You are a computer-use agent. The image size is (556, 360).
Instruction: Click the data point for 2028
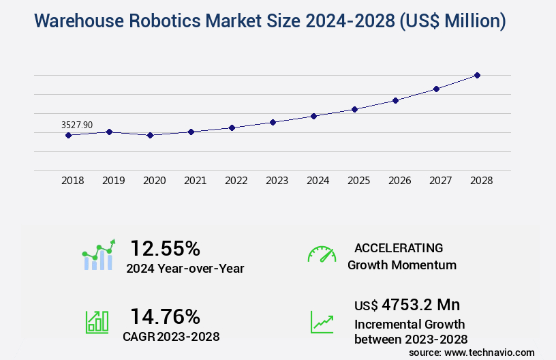[477, 75]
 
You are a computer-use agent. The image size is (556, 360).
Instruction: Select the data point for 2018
[68, 135]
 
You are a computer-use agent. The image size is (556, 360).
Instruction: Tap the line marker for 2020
[150, 135]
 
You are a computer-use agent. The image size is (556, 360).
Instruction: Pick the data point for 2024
[313, 116]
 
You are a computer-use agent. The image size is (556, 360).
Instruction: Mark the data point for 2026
[395, 100]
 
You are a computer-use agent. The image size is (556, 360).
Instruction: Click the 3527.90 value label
[77, 125]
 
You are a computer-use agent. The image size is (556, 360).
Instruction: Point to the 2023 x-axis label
[277, 181]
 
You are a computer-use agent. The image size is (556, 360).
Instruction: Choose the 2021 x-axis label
[195, 181]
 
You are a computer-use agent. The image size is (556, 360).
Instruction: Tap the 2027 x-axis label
[440, 181]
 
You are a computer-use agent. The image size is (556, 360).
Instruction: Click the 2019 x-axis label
[113, 181]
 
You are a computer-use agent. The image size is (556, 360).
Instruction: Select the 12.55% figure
[165, 248]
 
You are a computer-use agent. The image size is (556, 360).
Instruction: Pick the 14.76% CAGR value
[165, 316]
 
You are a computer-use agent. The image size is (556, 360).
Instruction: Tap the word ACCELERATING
[399, 247]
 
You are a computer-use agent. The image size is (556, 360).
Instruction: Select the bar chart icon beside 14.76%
[97, 322]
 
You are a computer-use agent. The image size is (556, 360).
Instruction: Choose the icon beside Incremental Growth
[322, 322]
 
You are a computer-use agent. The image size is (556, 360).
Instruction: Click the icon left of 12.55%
[99, 255]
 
